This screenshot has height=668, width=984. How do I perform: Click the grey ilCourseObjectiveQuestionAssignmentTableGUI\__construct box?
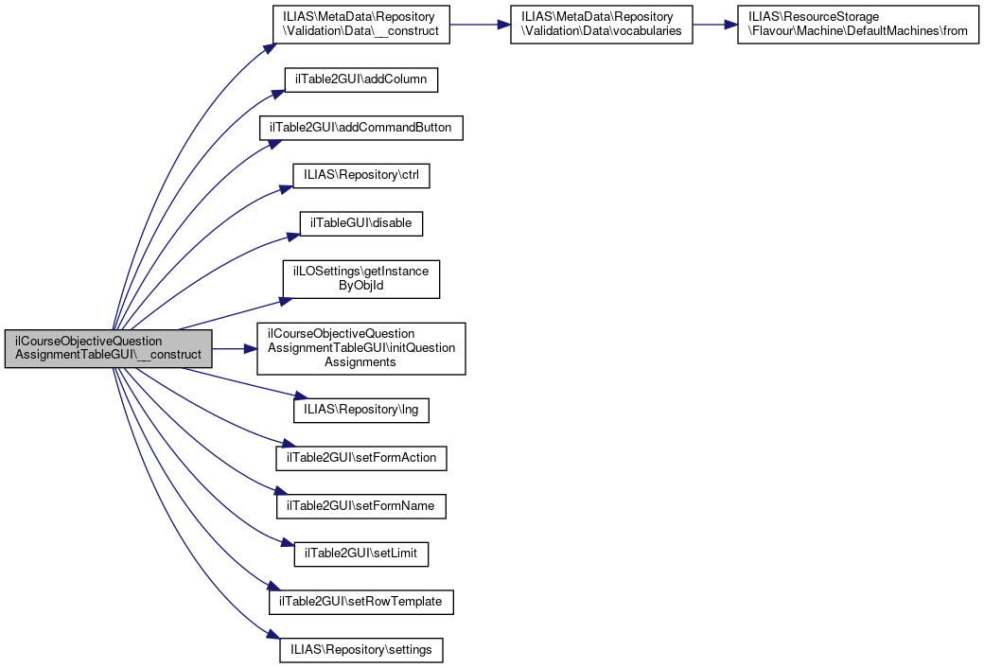108,348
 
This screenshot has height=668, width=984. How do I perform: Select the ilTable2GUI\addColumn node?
360,79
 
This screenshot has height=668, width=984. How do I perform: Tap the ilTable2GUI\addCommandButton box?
361,127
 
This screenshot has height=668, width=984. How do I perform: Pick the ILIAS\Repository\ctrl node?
361,175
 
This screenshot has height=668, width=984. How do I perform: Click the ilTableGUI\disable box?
360,223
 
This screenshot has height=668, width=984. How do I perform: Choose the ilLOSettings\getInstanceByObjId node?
361,278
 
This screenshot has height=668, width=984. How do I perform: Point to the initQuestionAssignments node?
361,347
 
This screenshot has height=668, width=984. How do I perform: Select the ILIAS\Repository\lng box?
361,411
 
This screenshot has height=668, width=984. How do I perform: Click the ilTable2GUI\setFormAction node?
360,458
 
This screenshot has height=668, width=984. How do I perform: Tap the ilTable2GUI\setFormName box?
360,506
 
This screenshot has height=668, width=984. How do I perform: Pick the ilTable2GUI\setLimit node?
361,554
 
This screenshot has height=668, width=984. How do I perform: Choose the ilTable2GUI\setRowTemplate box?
361,602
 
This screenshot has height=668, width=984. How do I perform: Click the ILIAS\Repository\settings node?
361,650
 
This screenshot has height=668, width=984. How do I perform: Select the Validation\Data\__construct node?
360,25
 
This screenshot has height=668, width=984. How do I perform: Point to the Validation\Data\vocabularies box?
600,25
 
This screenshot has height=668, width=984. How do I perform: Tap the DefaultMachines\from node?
857,25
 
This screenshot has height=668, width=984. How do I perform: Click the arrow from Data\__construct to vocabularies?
480,25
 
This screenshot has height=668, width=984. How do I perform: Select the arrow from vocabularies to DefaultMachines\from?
714,25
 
